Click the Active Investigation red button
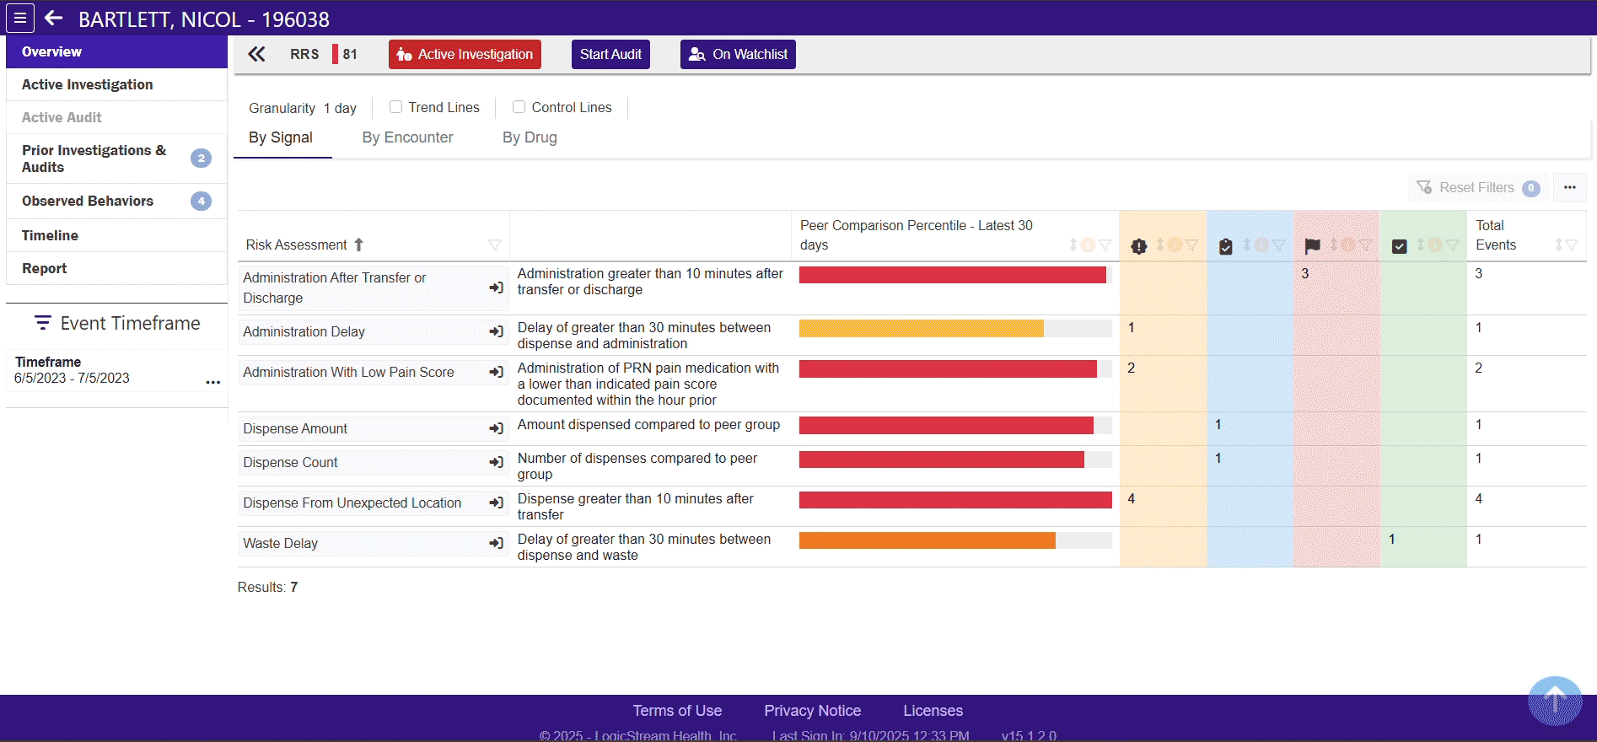[x=465, y=55]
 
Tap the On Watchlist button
[x=738, y=55]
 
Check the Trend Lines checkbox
[x=395, y=107]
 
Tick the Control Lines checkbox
[x=519, y=107]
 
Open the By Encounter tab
[x=407, y=137]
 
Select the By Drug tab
[x=530, y=137]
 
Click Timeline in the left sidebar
[x=50, y=235]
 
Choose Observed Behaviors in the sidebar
[x=88, y=201]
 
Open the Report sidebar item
[x=45, y=268]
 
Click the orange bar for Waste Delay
[x=927, y=540]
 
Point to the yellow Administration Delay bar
[x=921, y=329]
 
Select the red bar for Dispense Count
[x=941, y=460]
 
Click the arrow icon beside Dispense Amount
[x=497, y=429]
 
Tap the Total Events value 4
[x=1478, y=499]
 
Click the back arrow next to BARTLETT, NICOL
[x=54, y=19]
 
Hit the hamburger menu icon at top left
[x=20, y=18]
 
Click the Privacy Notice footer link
[x=812, y=711]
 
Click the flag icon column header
[x=1312, y=246]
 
